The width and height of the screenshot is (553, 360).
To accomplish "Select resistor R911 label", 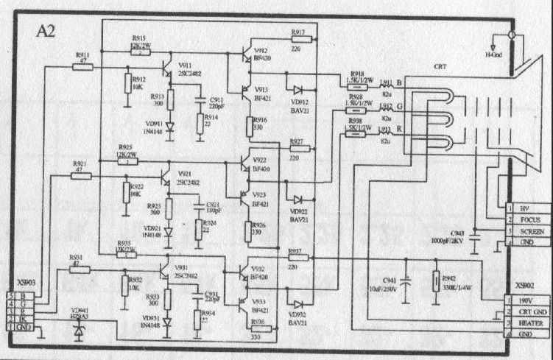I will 83,55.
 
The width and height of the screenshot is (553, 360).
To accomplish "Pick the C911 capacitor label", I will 216,99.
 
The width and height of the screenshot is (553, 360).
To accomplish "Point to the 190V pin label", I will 524,301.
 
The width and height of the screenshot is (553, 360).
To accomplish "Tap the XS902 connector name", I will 524,283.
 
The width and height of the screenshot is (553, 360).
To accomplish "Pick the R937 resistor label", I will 295,252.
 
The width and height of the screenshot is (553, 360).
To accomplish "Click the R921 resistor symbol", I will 82,176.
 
